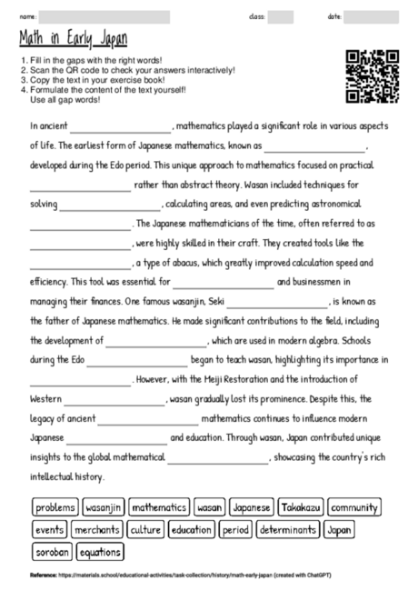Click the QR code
(373, 76)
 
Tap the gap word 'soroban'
(51, 551)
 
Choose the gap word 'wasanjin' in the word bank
(103, 507)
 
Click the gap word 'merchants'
(97, 529)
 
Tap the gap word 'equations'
(100, 551)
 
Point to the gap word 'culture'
(144, 529)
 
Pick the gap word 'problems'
(55, 507)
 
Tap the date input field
(370, 15)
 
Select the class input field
(280, 15)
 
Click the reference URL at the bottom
(164, 576)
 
